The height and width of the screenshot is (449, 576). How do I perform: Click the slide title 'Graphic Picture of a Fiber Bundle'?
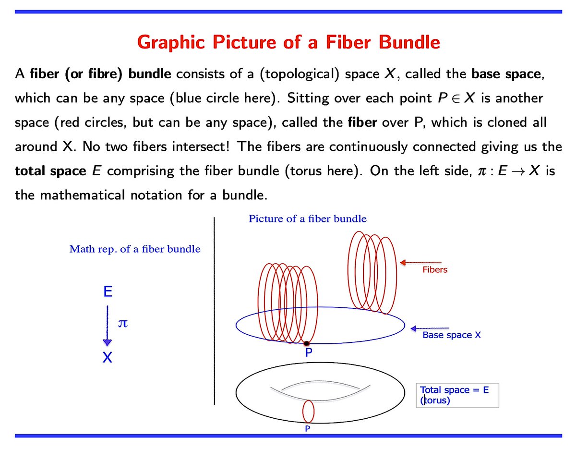coord(288,42)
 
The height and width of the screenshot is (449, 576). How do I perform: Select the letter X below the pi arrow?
coord(108,358)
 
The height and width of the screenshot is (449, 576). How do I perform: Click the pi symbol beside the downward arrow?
coord(123,324)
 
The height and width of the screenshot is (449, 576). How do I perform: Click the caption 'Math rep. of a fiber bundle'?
coord(135,249)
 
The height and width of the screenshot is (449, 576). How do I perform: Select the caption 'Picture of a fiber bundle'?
coord(307,219)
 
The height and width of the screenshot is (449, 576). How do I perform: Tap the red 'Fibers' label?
coord(434,270)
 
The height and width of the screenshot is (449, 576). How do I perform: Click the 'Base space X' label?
coord(451,335)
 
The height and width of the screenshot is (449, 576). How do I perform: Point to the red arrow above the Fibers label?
coord(420,262)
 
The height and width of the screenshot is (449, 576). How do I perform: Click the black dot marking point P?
coord(306,343)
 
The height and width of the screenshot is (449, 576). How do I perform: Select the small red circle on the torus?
coord(308,412)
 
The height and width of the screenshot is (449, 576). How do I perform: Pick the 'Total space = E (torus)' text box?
coord(457,395)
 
